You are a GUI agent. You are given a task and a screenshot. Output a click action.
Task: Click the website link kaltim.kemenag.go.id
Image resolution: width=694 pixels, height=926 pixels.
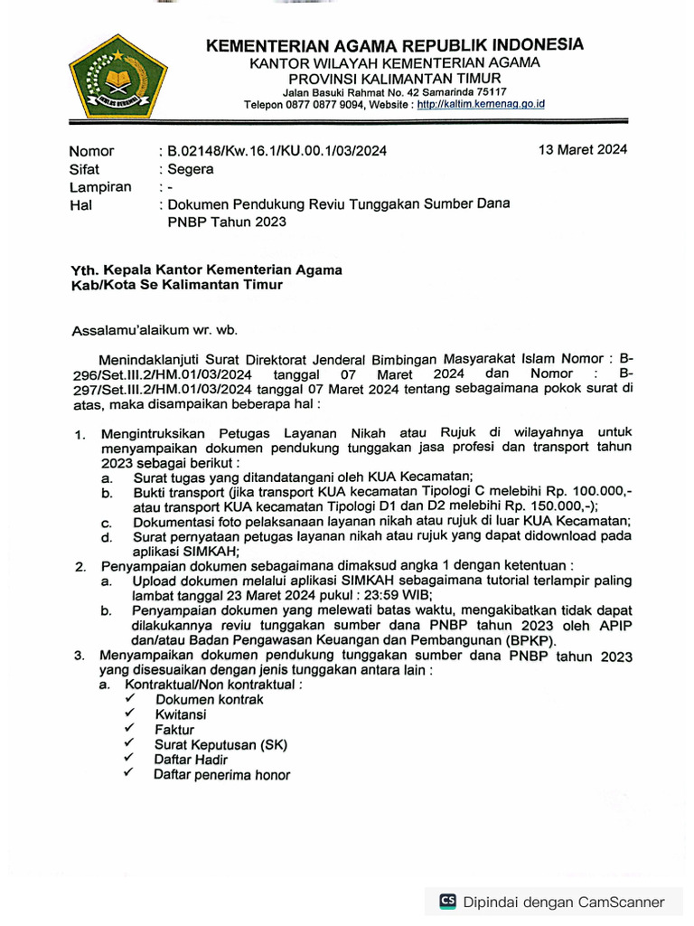pos(481,104)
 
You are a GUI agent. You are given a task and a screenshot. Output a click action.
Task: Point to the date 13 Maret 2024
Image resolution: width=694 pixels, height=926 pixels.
pos(583,149)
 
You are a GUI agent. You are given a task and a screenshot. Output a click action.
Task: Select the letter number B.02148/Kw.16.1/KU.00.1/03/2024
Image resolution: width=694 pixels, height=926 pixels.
pos(277,151)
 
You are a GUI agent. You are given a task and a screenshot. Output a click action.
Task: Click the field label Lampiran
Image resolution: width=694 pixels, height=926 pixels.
pos(100,187)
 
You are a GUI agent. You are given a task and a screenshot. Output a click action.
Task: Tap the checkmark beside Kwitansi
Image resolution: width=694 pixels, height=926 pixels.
pos(130,713)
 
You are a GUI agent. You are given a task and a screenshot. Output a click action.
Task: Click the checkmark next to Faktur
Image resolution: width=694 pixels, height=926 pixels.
pos(130,728)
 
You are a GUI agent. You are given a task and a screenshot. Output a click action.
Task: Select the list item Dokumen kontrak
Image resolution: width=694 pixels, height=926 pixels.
pos(209,699)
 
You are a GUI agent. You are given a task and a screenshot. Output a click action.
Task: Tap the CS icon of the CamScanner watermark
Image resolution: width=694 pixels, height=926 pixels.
pos(447,901)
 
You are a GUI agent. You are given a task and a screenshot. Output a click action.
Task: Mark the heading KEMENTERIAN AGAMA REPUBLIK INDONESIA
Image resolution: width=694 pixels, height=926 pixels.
pos(394,45)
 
